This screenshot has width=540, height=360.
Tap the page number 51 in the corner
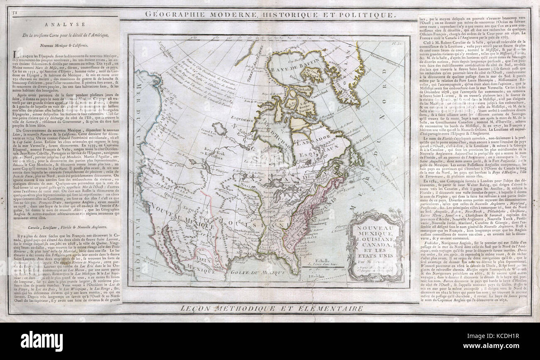[15, 13]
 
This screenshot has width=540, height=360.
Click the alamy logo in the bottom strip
[42, 340]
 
